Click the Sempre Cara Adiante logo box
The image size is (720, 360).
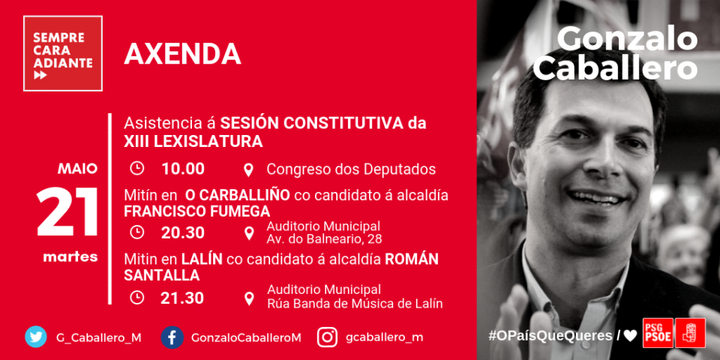[63, 53]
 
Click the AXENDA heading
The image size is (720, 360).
[183, 54]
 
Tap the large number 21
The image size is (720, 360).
[68, 211]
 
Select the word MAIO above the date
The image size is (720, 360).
[77, 169]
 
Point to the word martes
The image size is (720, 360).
[70, 256]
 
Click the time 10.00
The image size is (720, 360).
[183, 169]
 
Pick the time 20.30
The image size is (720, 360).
[183, 232]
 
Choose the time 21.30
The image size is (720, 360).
[182, 298]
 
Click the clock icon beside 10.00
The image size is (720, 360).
[136, 169]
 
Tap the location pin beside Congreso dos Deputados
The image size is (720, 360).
[248, 170]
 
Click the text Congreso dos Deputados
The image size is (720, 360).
[351, 169]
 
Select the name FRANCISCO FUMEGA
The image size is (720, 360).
[197, 211]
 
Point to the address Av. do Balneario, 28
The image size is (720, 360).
[325, 239]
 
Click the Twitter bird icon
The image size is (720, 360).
[36, 337]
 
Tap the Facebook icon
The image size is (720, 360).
[172, 337]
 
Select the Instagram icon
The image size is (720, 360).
[328, 337]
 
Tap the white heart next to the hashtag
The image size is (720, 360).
[630, 336]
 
